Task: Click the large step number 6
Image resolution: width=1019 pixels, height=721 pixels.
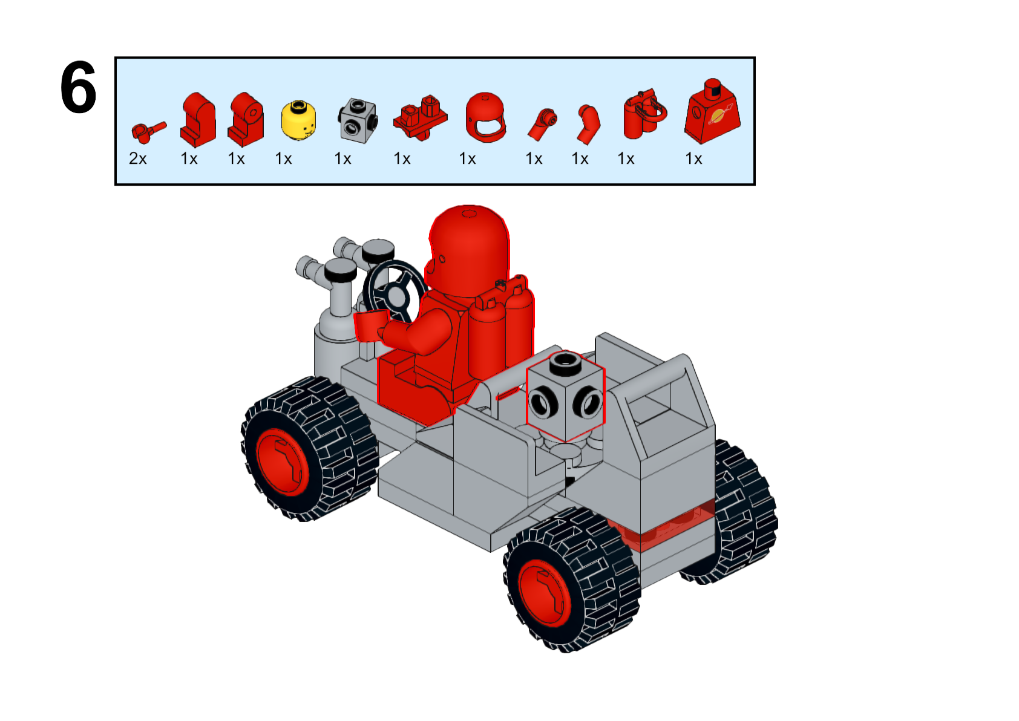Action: pos(78,87)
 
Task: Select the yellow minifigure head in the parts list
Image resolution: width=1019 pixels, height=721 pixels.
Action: pos(298,120)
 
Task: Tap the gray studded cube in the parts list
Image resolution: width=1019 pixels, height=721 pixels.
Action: pos(358,120)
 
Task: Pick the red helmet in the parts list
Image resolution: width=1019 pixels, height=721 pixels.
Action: pos(485,117)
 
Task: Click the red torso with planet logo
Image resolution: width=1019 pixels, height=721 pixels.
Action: pos(712,112)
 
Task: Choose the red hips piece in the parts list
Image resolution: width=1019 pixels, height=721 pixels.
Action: pos(420,117)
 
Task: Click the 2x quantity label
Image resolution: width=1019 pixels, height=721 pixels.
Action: pos(138,158)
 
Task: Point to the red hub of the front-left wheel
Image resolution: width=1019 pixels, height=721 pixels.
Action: pos(282,462)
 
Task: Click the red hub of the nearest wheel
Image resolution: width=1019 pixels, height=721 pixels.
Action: pos(544,593)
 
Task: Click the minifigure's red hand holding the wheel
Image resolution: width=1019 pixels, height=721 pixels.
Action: pos(369,325)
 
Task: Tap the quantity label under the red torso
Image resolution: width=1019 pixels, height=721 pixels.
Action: pos(693,158)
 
